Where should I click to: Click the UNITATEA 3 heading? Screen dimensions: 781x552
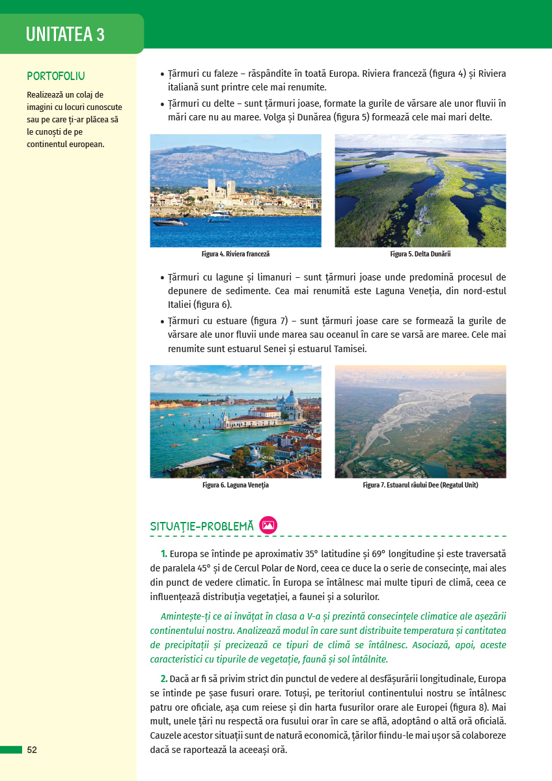65,34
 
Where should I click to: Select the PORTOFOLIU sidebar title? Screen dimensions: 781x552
56,76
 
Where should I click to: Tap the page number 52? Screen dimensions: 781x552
32,750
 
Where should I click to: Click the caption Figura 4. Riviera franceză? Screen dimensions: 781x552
235,254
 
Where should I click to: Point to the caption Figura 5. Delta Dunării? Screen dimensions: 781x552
420,254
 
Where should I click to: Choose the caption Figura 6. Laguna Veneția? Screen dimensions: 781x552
235,486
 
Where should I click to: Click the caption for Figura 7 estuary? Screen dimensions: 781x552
420,486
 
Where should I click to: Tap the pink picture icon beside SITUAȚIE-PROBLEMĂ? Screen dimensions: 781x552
268,525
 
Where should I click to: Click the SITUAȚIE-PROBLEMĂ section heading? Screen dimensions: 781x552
202,527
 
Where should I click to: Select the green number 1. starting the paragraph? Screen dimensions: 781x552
164,554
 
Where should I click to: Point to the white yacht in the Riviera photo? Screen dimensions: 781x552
219,215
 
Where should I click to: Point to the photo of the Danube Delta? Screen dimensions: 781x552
420,191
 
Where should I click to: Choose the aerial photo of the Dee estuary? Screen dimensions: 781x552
420,422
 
